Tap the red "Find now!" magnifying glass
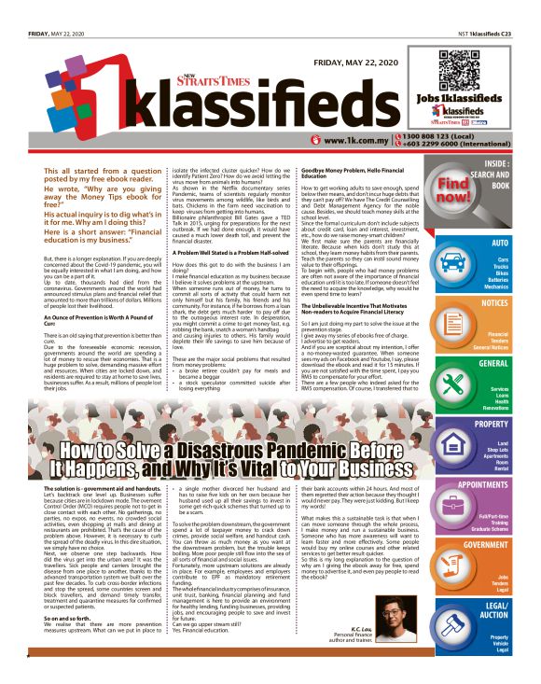pos(477,186)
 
